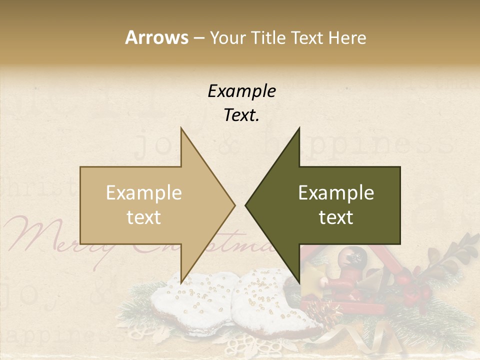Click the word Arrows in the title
coord(156,37)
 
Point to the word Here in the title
coord(346,38)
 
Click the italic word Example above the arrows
coord(241,91)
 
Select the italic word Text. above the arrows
coord(241,115)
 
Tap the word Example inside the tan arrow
coord(144,193)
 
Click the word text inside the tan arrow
coord(144,217)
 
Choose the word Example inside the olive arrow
coord(336,193)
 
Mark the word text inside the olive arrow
coord(336,217)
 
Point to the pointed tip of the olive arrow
coord(246,205)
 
